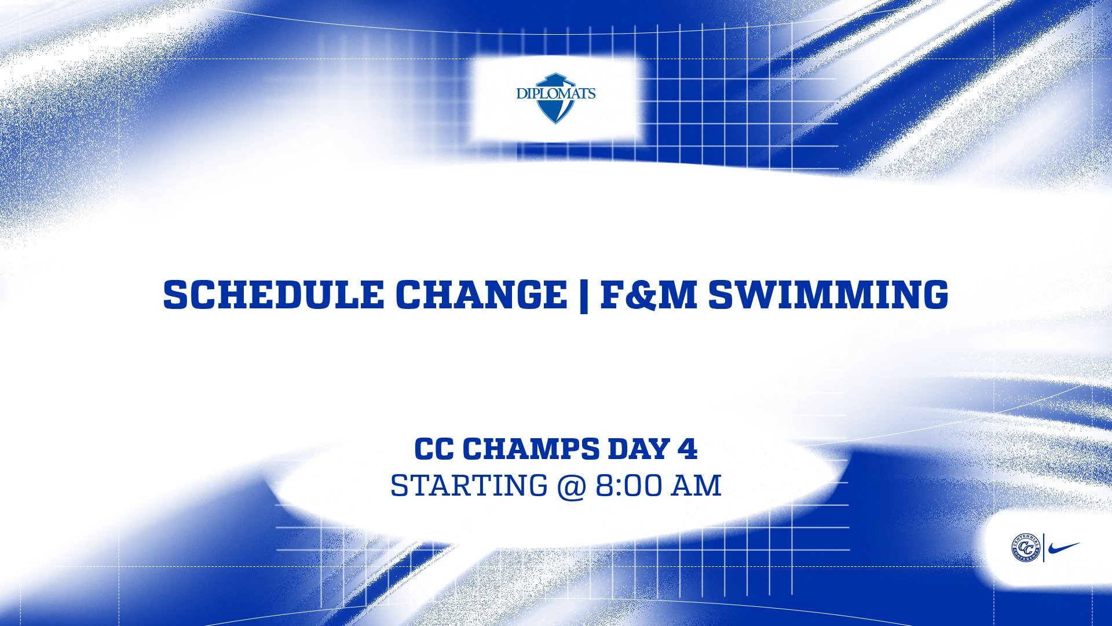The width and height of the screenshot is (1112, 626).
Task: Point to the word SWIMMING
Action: click(829, 294)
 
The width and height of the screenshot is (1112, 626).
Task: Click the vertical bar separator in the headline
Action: click(583, 296)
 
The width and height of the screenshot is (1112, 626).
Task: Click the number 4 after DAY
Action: click(687, 449)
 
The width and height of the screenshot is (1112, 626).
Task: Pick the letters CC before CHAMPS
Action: click(434, 449)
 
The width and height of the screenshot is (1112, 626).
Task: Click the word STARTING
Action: click(468, 486)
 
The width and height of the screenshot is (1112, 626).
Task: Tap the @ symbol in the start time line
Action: click(571, 486)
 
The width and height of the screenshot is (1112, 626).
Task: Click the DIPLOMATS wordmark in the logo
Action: click(555, 93)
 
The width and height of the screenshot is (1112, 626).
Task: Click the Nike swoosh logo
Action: click(1064, 548)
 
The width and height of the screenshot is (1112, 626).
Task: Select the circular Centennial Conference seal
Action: click(1026, 548)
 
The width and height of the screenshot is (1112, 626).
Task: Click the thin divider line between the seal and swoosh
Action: click(1044, 548)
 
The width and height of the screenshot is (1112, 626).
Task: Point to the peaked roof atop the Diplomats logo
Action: click(555, 78)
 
